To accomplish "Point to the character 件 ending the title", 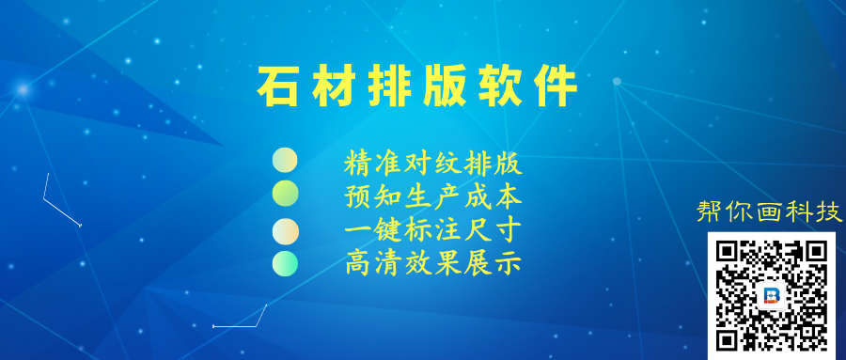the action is [556, 87].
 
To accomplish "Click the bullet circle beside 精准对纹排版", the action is [285, 160].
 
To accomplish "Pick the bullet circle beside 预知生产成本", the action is [285, 194].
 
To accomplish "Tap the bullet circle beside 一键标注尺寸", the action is [285, 231].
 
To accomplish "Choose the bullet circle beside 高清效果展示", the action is [285, 263].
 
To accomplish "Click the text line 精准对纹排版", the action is [433, 164].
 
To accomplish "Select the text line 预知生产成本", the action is [433, 197].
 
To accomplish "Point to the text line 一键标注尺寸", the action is [433, 230].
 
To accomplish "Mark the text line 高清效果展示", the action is [433, 263].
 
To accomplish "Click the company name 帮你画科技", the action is [769, 211].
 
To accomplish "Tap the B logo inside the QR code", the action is [772, 296].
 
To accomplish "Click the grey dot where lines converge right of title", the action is [617, 82].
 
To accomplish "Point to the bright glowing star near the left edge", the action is [23, 89].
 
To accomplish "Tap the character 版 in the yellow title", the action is [444, 87].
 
